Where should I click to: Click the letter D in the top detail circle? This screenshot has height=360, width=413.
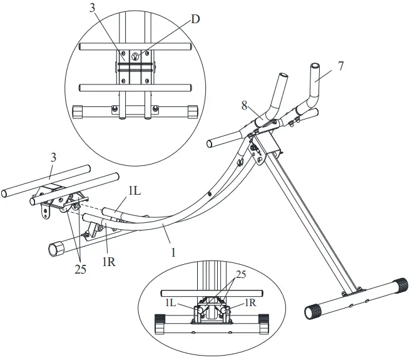click(x=196, y=19)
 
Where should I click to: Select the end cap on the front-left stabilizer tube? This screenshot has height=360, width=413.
click(x=54, y=249)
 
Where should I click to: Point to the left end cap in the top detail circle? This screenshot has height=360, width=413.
click(x=79, y=112)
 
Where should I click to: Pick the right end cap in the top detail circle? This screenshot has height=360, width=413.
click(x=191, y=112)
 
